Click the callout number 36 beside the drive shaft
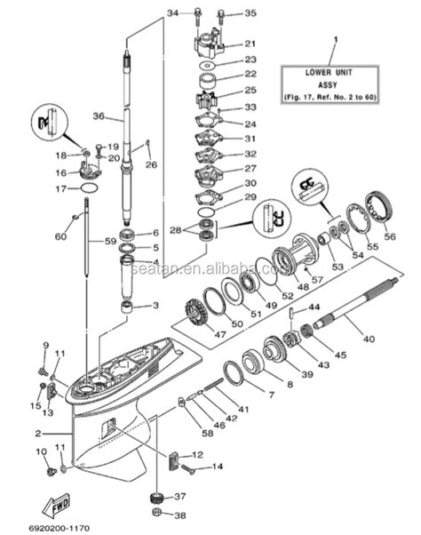tap(98, 116)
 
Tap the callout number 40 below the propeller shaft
tap(367, 338)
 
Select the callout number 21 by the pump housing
tap(250, 44)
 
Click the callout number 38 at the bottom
tap(180, 515)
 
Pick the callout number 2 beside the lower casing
tap(37, 433)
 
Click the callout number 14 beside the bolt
tap(218, 467)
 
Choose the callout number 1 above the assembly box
tap(335, 40)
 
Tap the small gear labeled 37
tap(158, 498)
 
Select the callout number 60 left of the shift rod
tap(60, 236)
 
